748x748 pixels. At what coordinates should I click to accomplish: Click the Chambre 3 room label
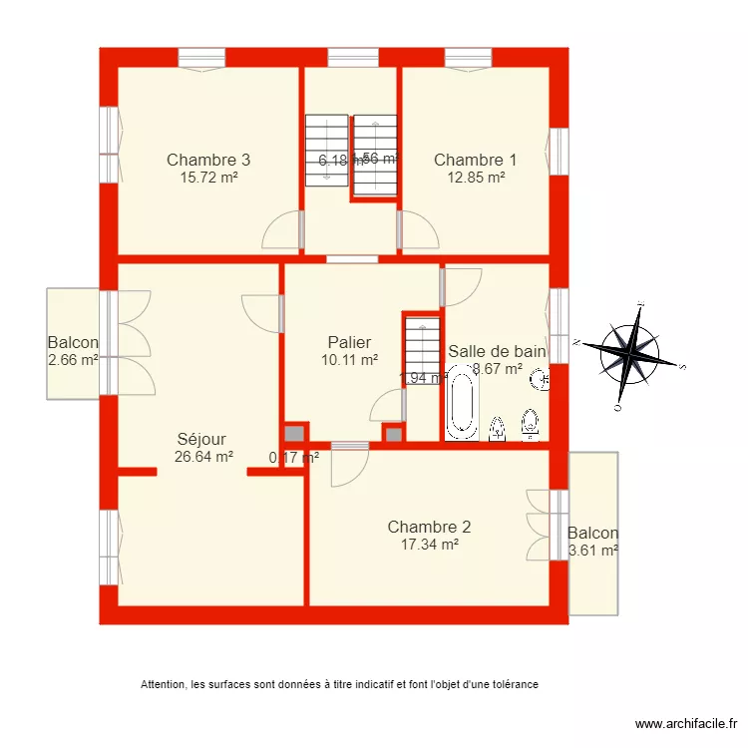point(207,160)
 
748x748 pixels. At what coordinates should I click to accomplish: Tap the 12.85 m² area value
point(475,178)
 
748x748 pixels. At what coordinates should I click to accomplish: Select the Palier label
point(349,342)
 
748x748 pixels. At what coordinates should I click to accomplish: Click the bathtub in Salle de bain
point(462,403)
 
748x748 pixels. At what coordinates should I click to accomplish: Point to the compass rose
point(630,354)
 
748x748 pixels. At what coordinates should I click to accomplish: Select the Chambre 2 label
point(429,527)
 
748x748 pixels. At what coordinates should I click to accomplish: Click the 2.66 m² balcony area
point(73,361)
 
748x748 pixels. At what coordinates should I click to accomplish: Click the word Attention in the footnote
point(163,684)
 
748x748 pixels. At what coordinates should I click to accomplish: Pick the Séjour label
point(201,439)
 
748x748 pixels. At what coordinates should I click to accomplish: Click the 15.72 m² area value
point(207,178)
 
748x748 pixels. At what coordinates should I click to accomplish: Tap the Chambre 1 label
point(475,160)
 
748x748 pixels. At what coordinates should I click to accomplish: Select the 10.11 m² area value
point(349,360)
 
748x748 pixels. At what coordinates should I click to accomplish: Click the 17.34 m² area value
point(429,545)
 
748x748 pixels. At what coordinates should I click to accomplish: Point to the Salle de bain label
point(497,351)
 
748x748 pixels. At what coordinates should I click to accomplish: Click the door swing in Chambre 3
point(281,231)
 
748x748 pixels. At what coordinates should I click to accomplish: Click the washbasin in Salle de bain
point(539,379)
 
